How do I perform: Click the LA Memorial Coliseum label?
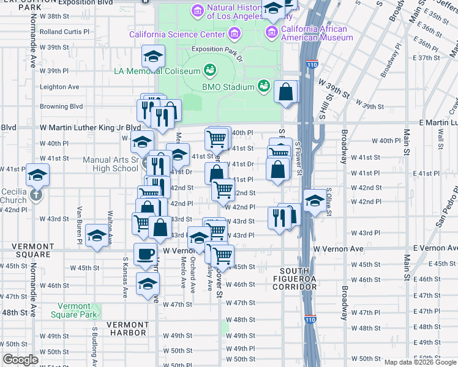[157, 71]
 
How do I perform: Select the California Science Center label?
[177, 34]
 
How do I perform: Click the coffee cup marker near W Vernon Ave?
[145, 253]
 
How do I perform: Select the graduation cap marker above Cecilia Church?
[37, 175]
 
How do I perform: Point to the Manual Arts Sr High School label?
[110, 164]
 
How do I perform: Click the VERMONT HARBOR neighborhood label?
[127, 328]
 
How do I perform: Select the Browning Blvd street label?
[61, 106]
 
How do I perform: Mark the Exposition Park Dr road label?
[217, 49]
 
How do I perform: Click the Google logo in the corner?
[20, 360]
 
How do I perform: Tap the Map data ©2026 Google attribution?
[420, 362]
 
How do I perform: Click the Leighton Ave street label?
[59, 87]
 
